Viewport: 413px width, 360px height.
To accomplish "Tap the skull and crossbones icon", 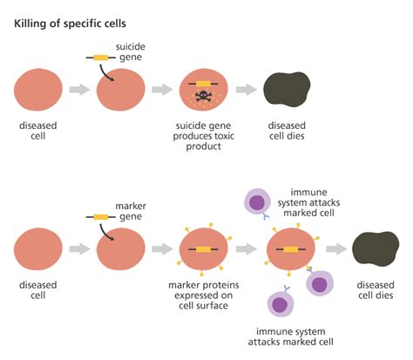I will coord(203,94).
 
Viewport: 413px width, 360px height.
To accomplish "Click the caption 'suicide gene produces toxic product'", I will coord(202,134).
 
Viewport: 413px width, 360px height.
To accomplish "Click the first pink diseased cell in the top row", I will coord(37,89).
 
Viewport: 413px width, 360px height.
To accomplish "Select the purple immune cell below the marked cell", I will coord(280,304).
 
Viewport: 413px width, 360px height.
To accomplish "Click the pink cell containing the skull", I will coord(203,90).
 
